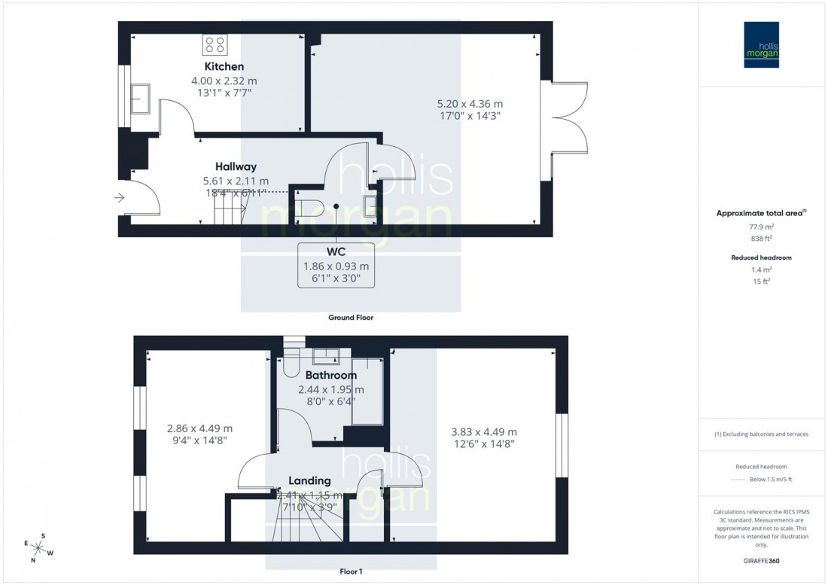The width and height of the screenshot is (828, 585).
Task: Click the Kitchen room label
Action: [224, 66]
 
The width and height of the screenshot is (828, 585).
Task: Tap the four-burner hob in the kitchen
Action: [215, 45]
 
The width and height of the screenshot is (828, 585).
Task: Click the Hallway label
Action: [236, 166]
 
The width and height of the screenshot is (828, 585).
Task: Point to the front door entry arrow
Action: [119, 198]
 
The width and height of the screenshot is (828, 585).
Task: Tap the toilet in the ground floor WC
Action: [309, 206]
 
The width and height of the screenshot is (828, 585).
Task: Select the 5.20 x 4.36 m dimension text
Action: [469, 104]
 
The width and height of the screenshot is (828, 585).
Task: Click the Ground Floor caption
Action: [350, 318]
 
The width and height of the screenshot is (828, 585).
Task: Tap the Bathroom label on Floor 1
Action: [330, 375]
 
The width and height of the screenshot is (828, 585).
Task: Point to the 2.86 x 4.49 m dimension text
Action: [199, 429]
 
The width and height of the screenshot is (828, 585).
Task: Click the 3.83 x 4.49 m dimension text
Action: [483, 432]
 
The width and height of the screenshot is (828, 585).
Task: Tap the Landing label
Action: [309, 480]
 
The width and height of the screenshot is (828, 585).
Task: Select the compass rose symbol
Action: [40, 547]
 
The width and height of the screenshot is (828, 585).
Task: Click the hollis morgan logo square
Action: [761, 45]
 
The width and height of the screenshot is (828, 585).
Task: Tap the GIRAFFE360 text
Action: [762, 562]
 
